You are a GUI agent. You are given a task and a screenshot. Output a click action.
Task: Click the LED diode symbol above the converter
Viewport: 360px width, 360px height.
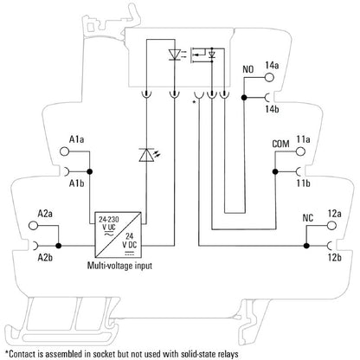coord(145,157)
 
